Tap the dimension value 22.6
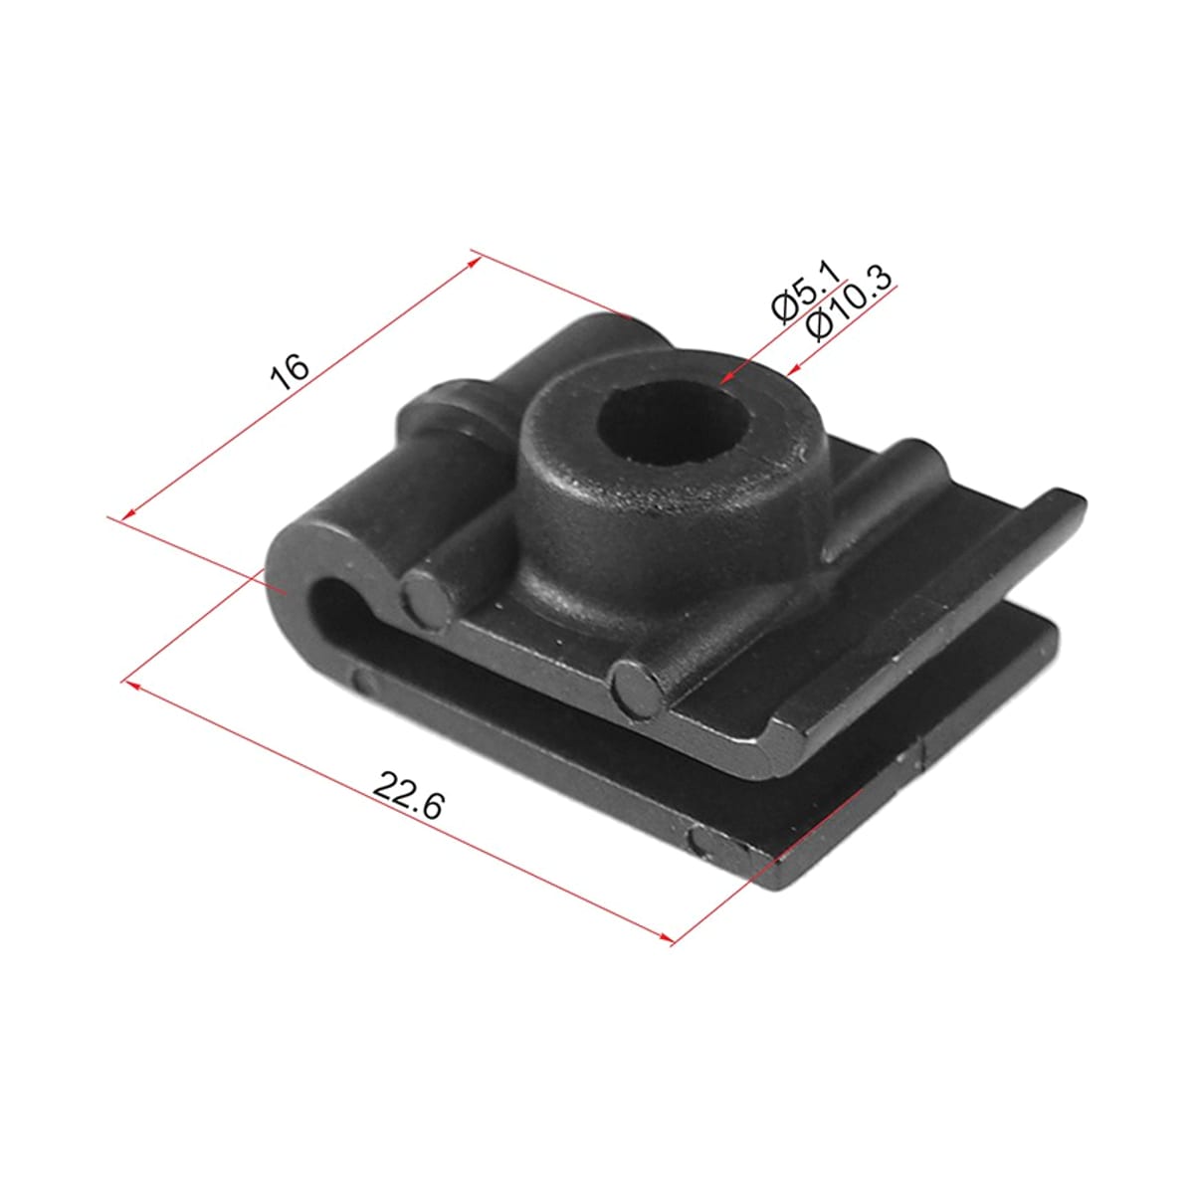tap(408, 796)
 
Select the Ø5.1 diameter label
tap(805, 292)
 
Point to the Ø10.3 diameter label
tap(850, 303)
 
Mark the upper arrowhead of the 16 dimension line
tap(474, 263)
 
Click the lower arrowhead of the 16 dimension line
tap(129, 513)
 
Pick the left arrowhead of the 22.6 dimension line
tap(133, 684)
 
